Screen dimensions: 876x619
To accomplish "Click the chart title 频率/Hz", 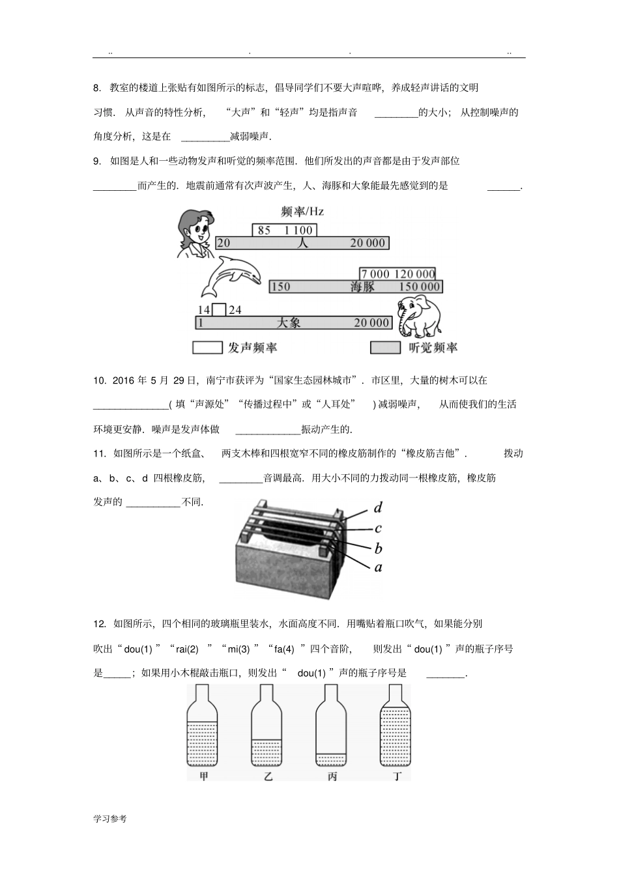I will point(302,212).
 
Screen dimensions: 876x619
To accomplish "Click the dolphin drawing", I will point(227,277).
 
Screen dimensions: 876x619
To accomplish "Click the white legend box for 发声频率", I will point(207,348).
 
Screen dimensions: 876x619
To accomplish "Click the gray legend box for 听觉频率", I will point(385,348).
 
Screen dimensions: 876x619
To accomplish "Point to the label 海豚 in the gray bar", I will point(362,287).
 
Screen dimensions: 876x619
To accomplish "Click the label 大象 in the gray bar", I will point(289,322).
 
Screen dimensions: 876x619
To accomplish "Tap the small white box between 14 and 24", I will point(219,310).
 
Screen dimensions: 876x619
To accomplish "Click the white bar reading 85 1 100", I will point(285,230).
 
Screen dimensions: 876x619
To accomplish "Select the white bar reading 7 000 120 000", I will point(397,274).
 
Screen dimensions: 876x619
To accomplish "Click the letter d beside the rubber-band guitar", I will point(378,507).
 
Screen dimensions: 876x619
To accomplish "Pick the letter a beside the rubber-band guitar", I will point(378,567).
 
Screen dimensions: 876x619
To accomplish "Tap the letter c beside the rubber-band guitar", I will point(378,528).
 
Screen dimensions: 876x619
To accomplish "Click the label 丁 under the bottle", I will point(397,776).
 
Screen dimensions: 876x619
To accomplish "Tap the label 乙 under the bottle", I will point(268,776).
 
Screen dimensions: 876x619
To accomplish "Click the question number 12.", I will point(99,624).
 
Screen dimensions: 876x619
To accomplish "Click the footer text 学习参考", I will point(110,819).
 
